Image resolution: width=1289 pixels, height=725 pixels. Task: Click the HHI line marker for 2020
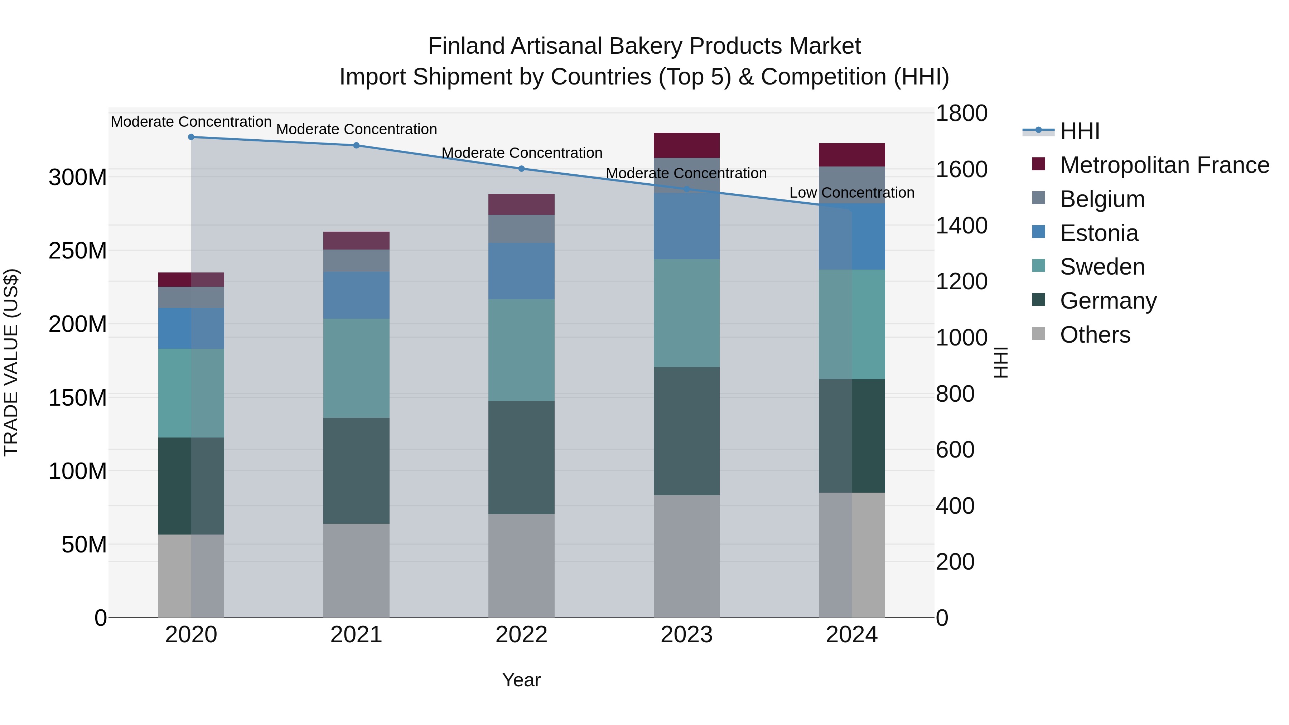(x=191, y=137)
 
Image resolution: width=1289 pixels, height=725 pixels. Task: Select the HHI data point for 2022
(x=521, y=169)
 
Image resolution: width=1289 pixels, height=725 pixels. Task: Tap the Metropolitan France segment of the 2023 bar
(x=686, y=145)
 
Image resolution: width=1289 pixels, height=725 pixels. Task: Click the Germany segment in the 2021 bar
(x=356, y=470)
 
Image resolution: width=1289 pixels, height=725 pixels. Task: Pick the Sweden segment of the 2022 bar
(x=521, y=350)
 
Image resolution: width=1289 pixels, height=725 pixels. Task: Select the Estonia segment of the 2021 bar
(x=356, y=295)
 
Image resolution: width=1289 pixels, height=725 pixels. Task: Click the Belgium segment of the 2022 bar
(x=521, y=229)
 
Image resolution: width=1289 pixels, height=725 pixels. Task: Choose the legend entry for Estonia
(x=1099, y=233)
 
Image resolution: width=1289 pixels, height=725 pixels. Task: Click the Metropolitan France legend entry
(x=1164, y=165)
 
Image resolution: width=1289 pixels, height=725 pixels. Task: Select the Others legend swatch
(x=1039, y=334)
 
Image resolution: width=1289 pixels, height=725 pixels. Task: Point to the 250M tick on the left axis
(x=78, y=251)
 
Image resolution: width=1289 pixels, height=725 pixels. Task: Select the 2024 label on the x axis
(x=852, y=635)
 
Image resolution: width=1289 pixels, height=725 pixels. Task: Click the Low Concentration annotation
(x=852, y=193)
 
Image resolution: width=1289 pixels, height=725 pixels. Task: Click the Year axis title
(x=521, y=680)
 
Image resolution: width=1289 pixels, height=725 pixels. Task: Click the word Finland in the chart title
(x=466, y=46)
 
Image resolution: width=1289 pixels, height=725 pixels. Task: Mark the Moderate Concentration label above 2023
(x=686, y=173)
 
